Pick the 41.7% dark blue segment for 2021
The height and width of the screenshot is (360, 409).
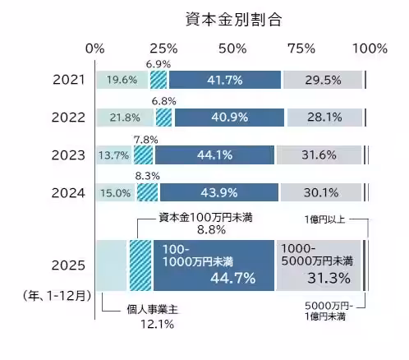[x=224, y=80]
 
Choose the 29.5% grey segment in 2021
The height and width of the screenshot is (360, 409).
[x=322, y=80]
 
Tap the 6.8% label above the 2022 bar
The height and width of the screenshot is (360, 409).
[x=159, y=101]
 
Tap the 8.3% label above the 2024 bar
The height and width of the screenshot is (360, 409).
[x=147, y=176]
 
